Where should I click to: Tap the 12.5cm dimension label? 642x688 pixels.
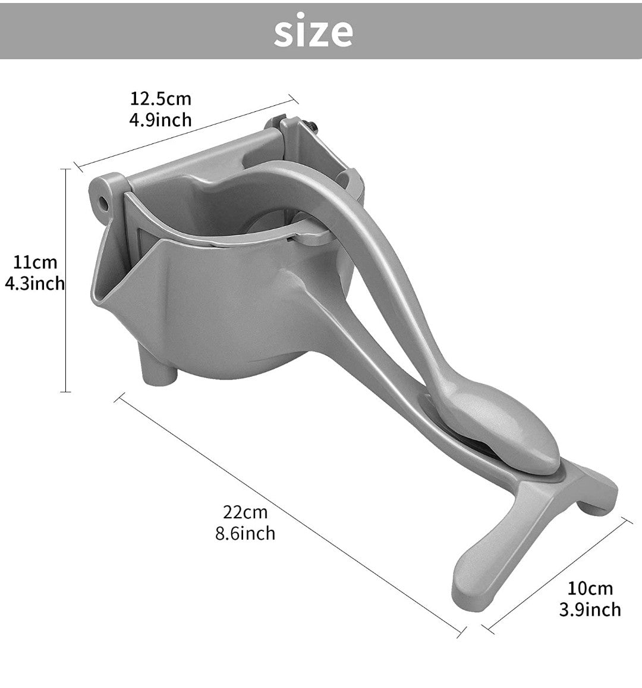pos(160,98)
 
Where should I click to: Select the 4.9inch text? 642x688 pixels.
pos(160,120)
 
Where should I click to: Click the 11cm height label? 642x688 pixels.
pos(36,262)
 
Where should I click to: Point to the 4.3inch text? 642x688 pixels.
pos(34,283)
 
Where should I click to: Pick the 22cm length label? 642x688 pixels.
pos(245,511)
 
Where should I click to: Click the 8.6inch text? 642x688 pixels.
pos(245,533)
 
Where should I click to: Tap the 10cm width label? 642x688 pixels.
pos(590,588)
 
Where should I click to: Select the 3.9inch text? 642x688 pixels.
pos(590,609)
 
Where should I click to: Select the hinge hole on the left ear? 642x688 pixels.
pos(105,202)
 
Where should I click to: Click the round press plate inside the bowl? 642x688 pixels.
pos(267,223)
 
